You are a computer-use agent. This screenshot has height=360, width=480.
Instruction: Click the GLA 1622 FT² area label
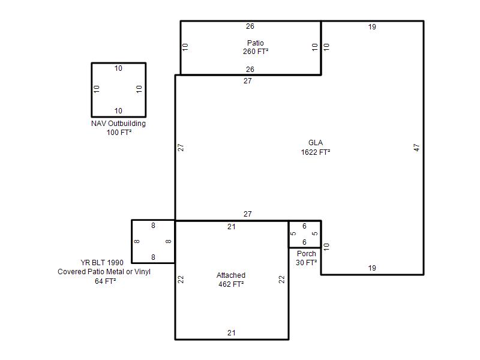pos(316,148)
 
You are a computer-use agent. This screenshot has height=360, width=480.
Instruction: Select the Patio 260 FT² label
pos(256,47)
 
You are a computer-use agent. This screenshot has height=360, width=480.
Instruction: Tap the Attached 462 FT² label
pos(231,280)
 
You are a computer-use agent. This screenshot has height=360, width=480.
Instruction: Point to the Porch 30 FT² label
pos(307,258)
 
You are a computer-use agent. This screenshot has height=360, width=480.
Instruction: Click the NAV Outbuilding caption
pos(118,124)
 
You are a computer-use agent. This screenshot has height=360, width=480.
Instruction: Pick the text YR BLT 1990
pos(102,263)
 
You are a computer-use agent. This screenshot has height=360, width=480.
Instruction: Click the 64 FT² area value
pos(106,281)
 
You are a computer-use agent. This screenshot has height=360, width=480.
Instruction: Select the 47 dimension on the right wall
pos(416,148)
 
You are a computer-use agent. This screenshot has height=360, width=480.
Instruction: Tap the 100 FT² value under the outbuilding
pos(119,132)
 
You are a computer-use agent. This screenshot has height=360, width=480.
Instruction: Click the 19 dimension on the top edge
pos(372,27)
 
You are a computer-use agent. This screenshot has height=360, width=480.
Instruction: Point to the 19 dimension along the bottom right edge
pos(372,268)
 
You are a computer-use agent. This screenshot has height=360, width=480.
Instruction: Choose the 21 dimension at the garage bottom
pos(232,333)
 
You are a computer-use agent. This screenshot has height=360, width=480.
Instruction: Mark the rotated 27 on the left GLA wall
pos(181,148)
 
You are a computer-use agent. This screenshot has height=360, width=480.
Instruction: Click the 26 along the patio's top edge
pos(250,26)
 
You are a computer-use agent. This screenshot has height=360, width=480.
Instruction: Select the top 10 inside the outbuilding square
pos(118,68)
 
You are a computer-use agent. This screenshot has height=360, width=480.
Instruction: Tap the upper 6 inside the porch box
pos(304,226)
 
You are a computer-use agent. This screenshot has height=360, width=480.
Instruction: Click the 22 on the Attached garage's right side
pos(281,280)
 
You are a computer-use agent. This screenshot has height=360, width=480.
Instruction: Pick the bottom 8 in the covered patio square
pos(153,257)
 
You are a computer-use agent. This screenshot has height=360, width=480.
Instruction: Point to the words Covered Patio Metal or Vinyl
pos(104,272)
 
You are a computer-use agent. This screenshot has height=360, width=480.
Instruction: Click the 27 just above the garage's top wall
pos(248,214)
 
